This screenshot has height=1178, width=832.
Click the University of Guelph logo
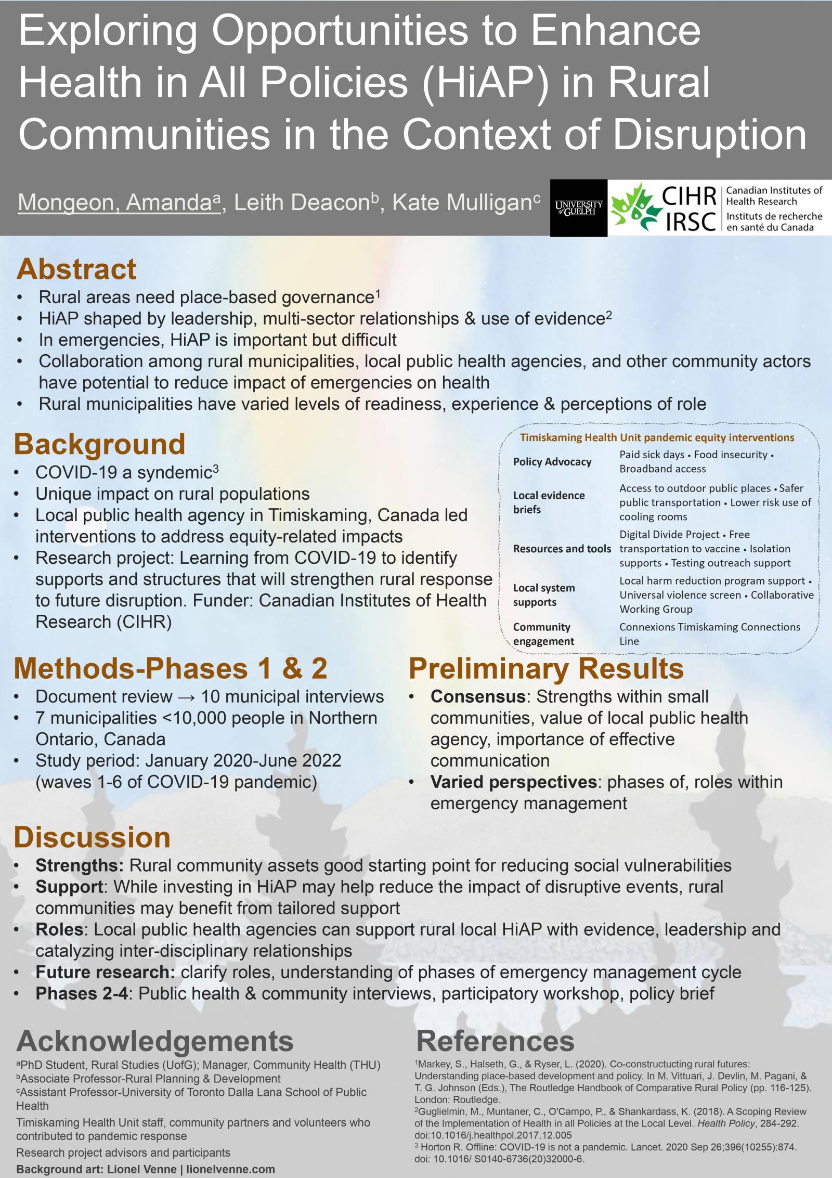(x=578, y=208)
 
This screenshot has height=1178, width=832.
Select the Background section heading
(x=99, y=444)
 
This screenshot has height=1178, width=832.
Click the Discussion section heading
(x=92, y=837)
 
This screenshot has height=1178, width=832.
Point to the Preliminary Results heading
(x=546, y=668)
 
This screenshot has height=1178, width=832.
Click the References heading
(x=495, y=1041)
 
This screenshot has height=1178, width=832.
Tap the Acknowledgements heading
(x=155, y=1041)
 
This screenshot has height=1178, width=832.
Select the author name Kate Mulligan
(x=462, y=202)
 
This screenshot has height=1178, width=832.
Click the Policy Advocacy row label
(x=552, y=462)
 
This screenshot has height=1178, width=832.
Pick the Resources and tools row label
(x=562, y=549)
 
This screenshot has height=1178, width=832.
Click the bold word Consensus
(x=478, y=696)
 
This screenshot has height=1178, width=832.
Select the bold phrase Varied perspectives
(x=513, y=782)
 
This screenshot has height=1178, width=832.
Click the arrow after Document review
(x=186, y=697)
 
